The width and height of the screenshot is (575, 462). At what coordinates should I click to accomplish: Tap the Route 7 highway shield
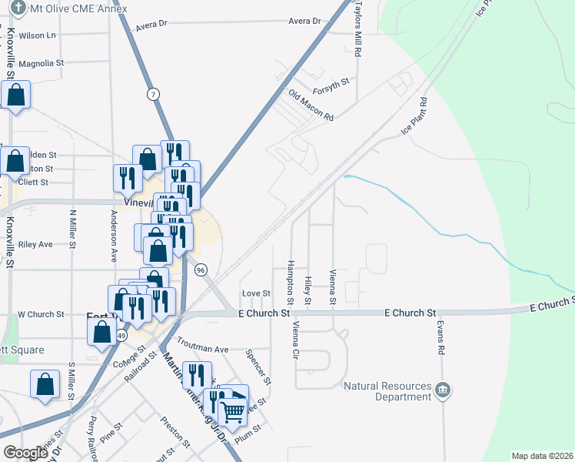[155, 94]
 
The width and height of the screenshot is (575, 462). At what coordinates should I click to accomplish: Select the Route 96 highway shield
[201, 269]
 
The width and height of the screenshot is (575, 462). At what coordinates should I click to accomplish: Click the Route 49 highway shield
[121, 336]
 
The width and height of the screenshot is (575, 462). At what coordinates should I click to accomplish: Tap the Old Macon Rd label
[311, 106]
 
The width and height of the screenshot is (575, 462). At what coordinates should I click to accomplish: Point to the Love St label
[257, 293]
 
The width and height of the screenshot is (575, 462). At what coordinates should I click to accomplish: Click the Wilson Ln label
[37, 35]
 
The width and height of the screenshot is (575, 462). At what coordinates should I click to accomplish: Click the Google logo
[26, 453]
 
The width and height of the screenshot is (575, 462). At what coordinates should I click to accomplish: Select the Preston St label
[175, 432]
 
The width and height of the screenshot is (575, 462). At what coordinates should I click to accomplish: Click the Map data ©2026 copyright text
[542, 456]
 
